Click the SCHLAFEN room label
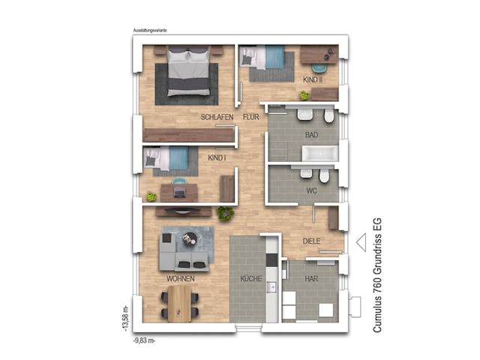(x=217, y=118)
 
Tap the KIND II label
(x=312, y=79)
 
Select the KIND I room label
(x=217, y=159)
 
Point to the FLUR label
(x=250, y=118)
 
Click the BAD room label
(x=310, y=135)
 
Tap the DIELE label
(x=311, y=241)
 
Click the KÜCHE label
(x=250, y=279)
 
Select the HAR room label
(x=311, y=279)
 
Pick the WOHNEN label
(x=181, y=279)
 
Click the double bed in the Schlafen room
(x=187, y=73)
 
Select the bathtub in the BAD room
(x=319, y=154)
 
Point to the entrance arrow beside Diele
(x=360, y=242)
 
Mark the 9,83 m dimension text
(x=144, y=339)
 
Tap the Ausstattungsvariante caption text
(x=150, y=31)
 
